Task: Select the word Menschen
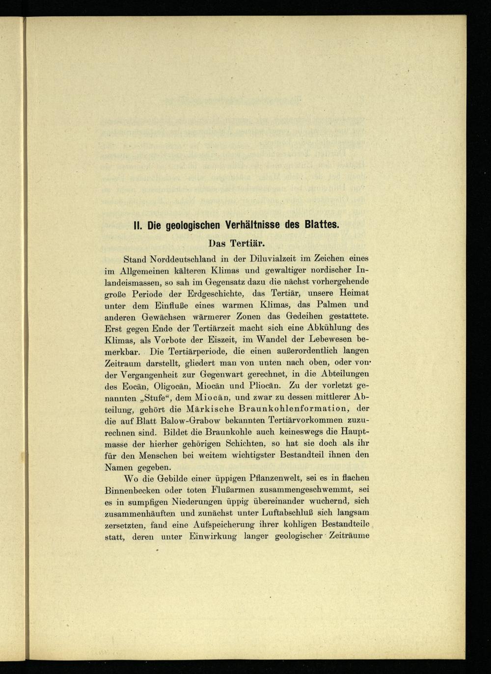[x=159, y=455]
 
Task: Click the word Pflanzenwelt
[x=290, y=478]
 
